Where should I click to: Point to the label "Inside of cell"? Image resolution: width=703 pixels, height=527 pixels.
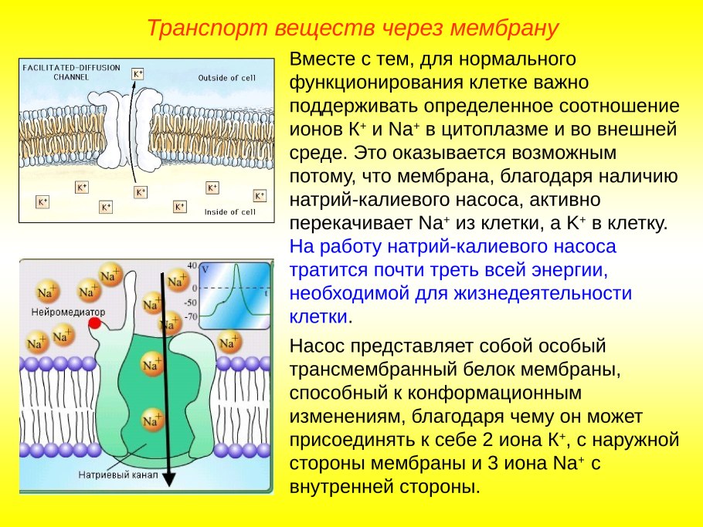[x=229, y=212]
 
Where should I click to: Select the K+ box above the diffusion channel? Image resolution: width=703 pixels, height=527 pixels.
[x=138, y=74]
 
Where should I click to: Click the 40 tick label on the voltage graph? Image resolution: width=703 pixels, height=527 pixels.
[x=192, y=264]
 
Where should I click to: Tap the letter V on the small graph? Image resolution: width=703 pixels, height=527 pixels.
[x=205, y=270]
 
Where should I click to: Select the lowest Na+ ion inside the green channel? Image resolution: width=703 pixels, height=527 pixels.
[x=152, y=421]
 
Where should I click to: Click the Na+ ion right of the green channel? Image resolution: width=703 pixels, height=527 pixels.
[x=229, y=342]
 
